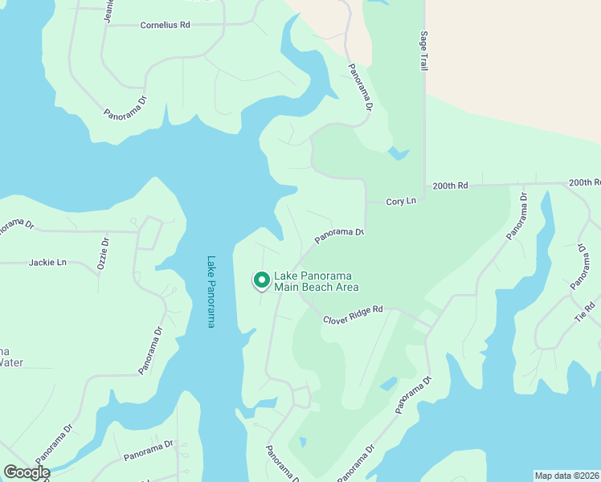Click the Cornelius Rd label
[x=165, y=25]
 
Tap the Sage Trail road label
[x=423, y=53]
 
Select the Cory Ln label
[x=402, y=201]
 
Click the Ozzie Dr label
[x=102, y=252]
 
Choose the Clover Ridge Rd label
[x=354, y=314]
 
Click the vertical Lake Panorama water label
[x=211, y=292]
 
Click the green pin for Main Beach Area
[x=261, y=280]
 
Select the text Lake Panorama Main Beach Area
[x=316, y=280]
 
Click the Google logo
[x=27, y=472]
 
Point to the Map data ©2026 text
[x=566, y=476]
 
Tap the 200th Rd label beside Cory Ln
[x=450, y=185]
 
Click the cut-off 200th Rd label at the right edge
[x=585, y=183]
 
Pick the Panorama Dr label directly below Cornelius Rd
[x=126, y=108]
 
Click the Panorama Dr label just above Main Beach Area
[x=339, y=235]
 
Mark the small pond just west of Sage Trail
[x=398, y=153]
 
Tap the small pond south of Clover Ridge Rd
[x=388, y=383]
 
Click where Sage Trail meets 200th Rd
[x=424, y=186]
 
